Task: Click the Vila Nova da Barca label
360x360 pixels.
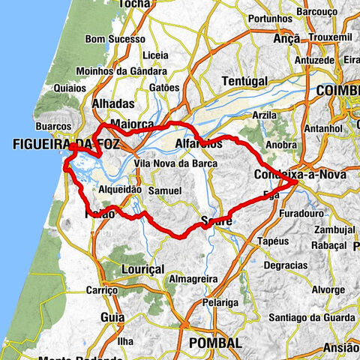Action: point(175,163)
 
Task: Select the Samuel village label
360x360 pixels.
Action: point(164,192)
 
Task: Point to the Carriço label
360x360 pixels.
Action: point(103,289)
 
